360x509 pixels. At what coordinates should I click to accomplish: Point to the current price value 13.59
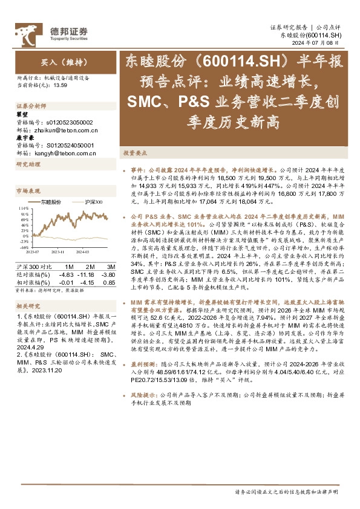(60, 85)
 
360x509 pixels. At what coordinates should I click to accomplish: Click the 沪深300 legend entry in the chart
(91, 201)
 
